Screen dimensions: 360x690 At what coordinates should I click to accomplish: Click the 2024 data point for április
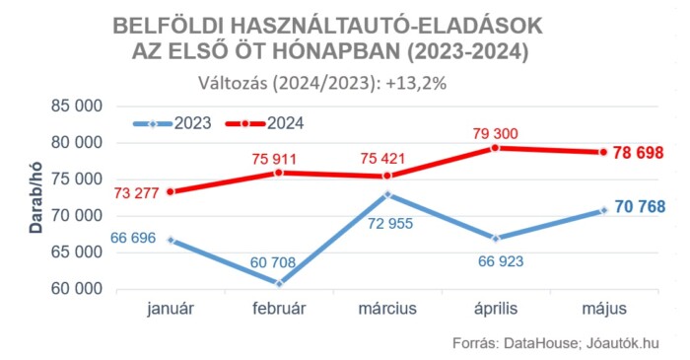pyautogui.click(x=496, y=148)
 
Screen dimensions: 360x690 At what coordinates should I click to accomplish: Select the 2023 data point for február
pyautogui.click(x=279, y=283)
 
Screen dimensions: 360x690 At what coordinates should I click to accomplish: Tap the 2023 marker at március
pyautogui.click(x=387, y=194)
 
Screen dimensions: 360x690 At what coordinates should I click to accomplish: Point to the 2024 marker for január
pyautogui.click(x=171, y=191)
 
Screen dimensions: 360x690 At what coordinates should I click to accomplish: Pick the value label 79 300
pyautogui.click(x=496, y=132)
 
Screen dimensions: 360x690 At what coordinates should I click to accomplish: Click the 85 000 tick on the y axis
pyautogui.click(x=75, y=106)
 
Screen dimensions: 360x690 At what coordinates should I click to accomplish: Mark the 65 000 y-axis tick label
pyautogui.click(x=75, y=252)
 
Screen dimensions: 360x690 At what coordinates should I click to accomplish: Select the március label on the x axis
pyautogui.click(x=387, y=309)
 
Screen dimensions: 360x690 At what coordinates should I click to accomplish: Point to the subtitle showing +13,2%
pyautogui.click(x=322, y=83)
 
